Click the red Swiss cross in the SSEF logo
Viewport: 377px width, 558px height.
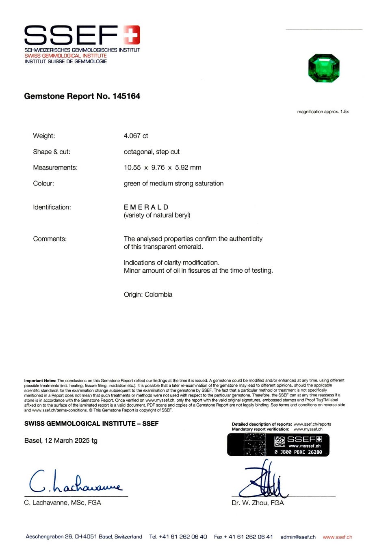pos(131,34)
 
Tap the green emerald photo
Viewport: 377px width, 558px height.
pos(324,68)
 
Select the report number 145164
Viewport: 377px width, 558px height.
pos(126,96)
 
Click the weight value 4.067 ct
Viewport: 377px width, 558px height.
pos(136,136)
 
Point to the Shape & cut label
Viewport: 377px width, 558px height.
pos(52,152)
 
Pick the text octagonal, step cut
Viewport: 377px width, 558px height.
pos(152,152)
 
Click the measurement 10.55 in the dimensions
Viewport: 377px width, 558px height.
pos(132,168)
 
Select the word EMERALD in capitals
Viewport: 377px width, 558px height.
pos(146,207)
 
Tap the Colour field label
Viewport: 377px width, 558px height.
pos(43,183)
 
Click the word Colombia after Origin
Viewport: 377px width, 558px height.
pos(158,295)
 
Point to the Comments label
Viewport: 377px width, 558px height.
pos(50,239)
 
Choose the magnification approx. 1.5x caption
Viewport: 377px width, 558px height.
pos(323,112)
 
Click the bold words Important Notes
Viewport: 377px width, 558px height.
pos(40,381)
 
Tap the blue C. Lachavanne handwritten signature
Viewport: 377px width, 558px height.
pos(75,482)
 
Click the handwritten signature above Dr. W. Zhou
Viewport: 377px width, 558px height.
pos(264,481)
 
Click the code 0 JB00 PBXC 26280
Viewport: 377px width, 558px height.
pos(298,452)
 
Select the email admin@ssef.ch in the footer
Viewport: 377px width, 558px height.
pos(298,537)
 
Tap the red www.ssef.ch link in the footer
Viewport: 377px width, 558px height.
pos(337,537)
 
